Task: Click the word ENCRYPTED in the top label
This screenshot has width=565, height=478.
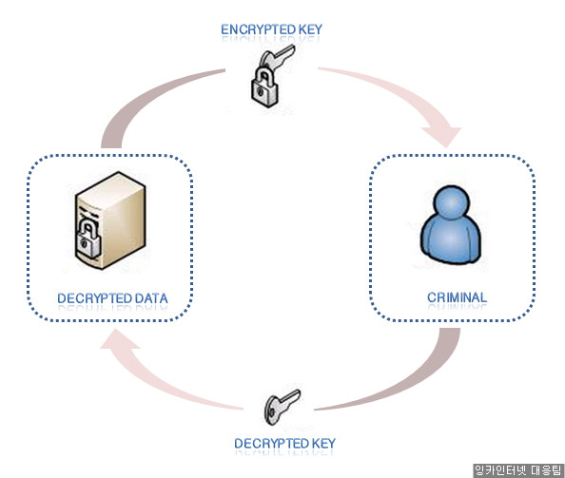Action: [x=258, y=29]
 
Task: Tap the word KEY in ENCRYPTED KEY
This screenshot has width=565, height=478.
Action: [x=311, y=29]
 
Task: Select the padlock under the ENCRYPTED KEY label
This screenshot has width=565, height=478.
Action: [x=264, y=86]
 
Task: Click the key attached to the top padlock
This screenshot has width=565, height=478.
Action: [x=277, y=57]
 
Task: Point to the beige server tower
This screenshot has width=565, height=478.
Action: [x=110, y=220]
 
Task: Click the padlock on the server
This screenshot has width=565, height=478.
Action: [x=88, y=239]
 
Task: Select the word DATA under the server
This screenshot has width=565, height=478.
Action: [x=151, y=298]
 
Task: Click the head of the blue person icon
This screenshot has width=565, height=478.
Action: [x=452, y=202]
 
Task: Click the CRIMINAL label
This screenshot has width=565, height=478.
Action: [x=457, y=297]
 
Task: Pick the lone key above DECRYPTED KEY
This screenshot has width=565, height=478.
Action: [x=282, y=407]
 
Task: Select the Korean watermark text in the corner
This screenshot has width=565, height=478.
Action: [x=517, y=470]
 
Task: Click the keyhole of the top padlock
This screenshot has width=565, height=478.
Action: [x=261, y=92]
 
